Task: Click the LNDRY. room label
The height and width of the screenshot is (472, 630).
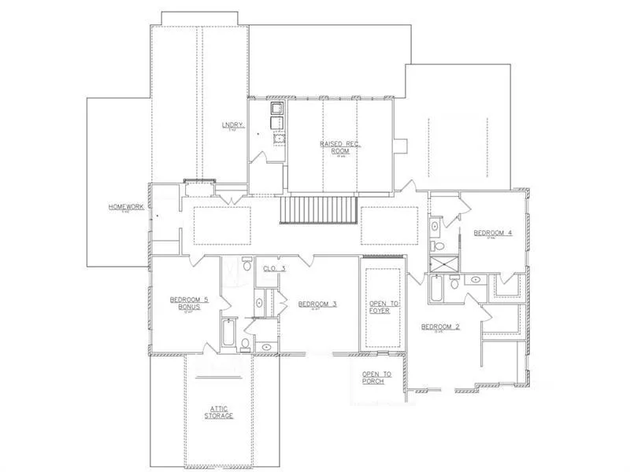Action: coord(233,126)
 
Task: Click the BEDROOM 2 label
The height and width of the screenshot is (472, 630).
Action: coord(439,326)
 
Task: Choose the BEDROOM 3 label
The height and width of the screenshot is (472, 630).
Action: coord(317,303)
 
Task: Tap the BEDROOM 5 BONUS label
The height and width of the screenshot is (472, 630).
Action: coord(189,303)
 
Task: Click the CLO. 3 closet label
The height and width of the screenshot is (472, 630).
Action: coord(274,269)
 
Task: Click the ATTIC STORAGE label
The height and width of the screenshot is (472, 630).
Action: coord(220,411)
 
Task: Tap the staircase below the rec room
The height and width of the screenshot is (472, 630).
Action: coord(320,211)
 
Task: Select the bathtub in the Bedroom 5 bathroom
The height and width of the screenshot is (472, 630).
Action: coord(228,334)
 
